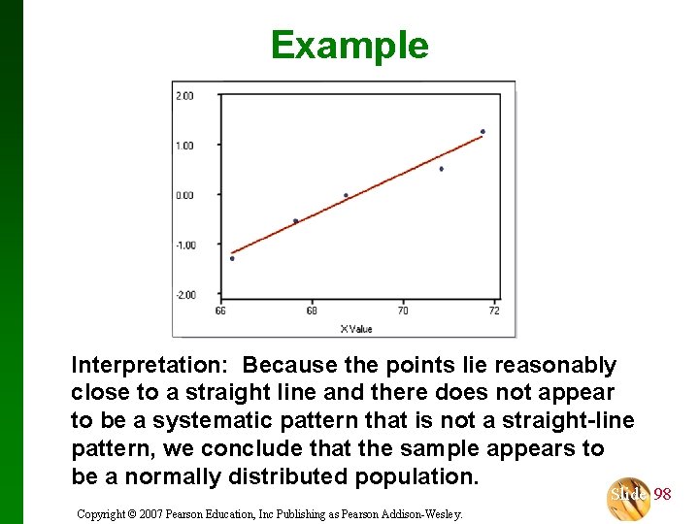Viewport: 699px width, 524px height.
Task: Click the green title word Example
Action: point(349,46)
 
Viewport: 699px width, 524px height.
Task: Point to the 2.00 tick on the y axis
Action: point(183,95)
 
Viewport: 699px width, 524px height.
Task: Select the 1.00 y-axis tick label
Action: point(183,146)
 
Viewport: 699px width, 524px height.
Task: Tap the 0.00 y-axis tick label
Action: point(183,195)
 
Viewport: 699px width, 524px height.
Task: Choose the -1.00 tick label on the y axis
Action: point(183,245)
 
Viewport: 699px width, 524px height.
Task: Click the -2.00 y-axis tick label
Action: point(183,295)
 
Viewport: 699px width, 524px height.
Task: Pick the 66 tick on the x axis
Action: point(220,311)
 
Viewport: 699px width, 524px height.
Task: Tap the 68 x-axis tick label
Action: point(312,311)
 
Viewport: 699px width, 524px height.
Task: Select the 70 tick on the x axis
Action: point(403,311)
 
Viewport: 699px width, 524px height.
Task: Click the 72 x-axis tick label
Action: point(494,311)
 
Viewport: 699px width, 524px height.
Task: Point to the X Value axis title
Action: point(356,329)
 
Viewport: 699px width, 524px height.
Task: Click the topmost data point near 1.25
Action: point(483,132)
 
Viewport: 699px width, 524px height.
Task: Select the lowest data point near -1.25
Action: point(232,258)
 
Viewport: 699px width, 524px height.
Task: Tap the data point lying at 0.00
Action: point(346,195)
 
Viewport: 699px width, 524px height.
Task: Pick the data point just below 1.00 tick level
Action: point(441,169)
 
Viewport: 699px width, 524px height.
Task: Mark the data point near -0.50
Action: point(295,221)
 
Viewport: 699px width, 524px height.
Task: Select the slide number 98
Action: point(662,495)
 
